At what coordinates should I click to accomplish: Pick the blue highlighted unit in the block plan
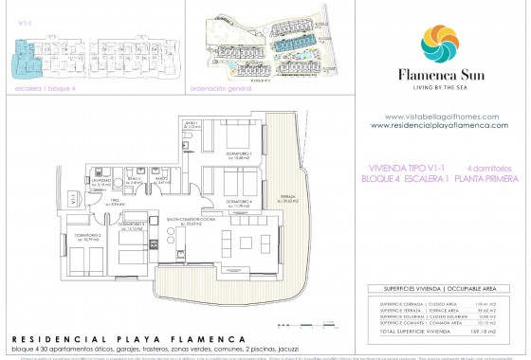tap(27, 59)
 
